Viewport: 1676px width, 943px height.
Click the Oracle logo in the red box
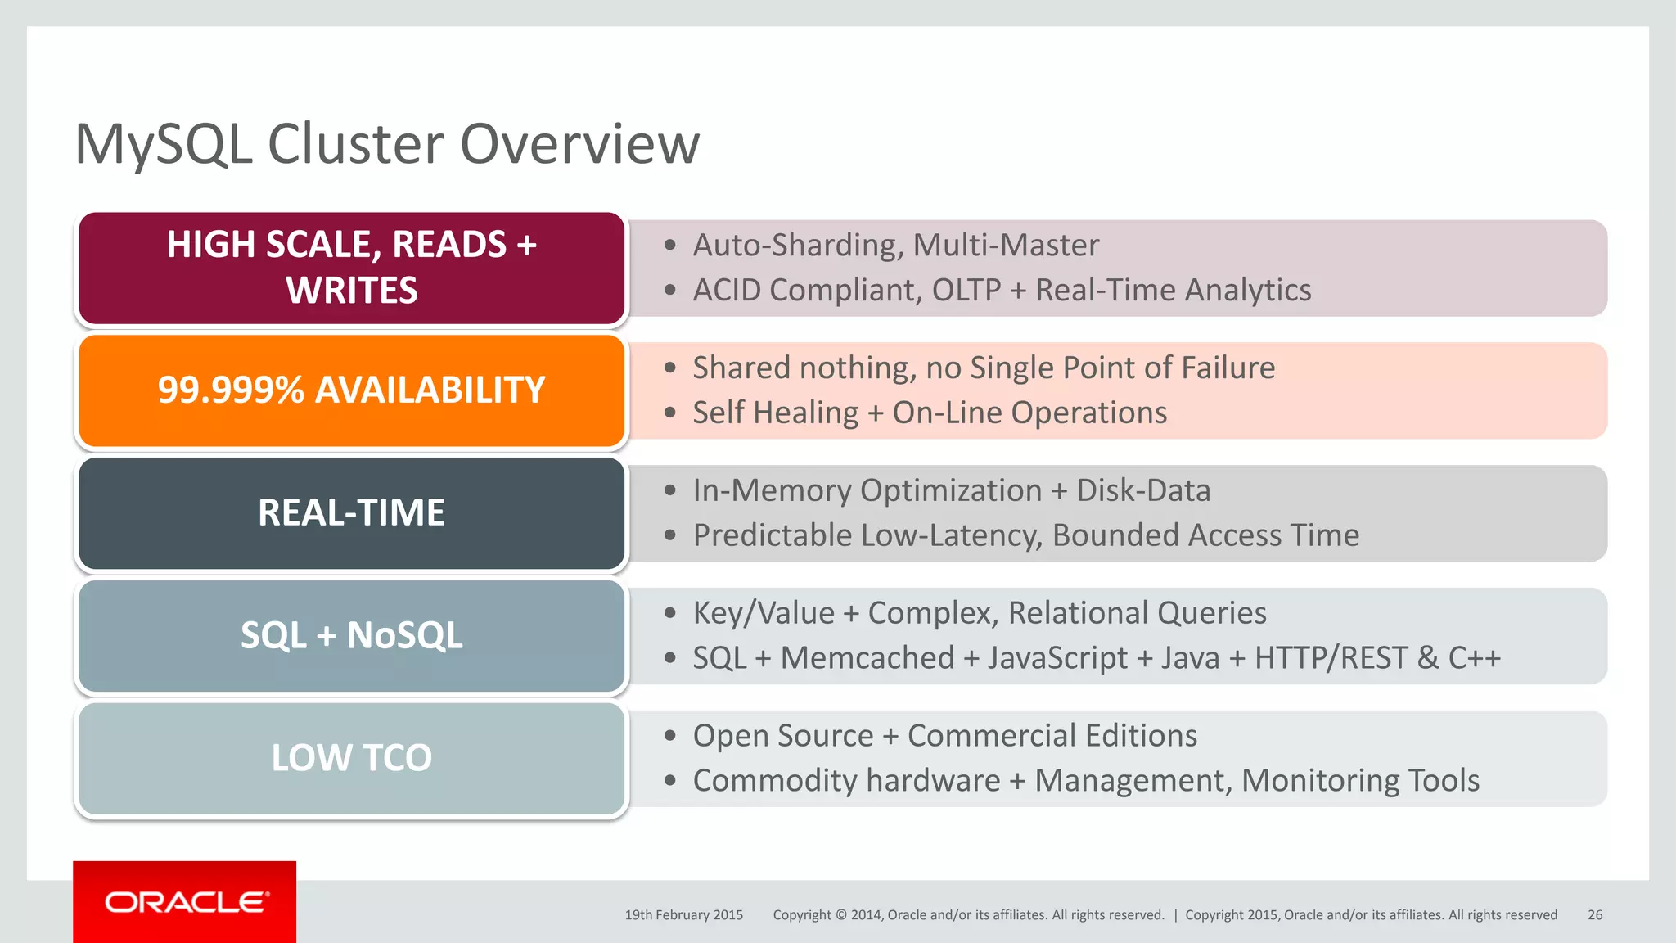point(186,902)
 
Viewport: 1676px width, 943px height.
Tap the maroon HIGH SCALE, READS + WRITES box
point(351,268)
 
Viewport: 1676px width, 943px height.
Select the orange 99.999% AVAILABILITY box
point(351,390)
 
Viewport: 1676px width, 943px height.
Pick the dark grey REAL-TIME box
point(351,513)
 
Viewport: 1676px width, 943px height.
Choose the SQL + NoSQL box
point(351,636)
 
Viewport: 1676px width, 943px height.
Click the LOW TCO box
point(351,758)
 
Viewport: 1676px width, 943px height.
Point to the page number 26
point(1595,915)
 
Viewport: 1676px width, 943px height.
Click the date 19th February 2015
point(684,915)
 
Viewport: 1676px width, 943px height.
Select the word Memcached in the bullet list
point(867,658)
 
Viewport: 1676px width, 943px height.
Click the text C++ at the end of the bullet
point(1475,658)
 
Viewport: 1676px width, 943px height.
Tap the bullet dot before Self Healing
point(670,413)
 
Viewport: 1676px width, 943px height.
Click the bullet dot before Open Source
point(670,736)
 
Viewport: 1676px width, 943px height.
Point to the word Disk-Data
point(1143,490)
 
